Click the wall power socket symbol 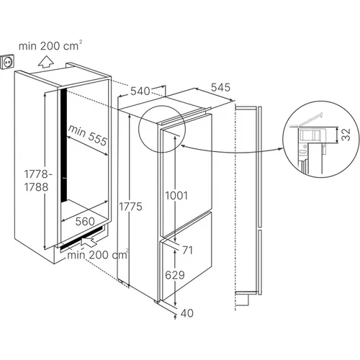click(x=7, y=62)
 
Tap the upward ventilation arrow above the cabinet click(x=46, y=61)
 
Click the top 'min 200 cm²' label click(x=50, y=45)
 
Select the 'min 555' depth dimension click(x=88, y=135)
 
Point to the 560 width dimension click(x=85, y=222)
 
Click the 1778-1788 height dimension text click(x=37, y=181)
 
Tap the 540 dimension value click(x=140, y=91)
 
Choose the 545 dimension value click(x=220, y=87)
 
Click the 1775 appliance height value click(x=131, y=207)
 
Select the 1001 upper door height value click(x=176, y=196)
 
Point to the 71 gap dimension click(x=187, y=251)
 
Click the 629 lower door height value click(x=175, y=275)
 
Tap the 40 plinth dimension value click(x=187, y=313)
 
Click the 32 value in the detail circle click(x=346, y=135)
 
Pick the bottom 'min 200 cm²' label click(x=98, y=254)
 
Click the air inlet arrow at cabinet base click(x=89, y=240)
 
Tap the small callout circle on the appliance click(x=162, y=129)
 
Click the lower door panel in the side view click(x=260, y=262)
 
